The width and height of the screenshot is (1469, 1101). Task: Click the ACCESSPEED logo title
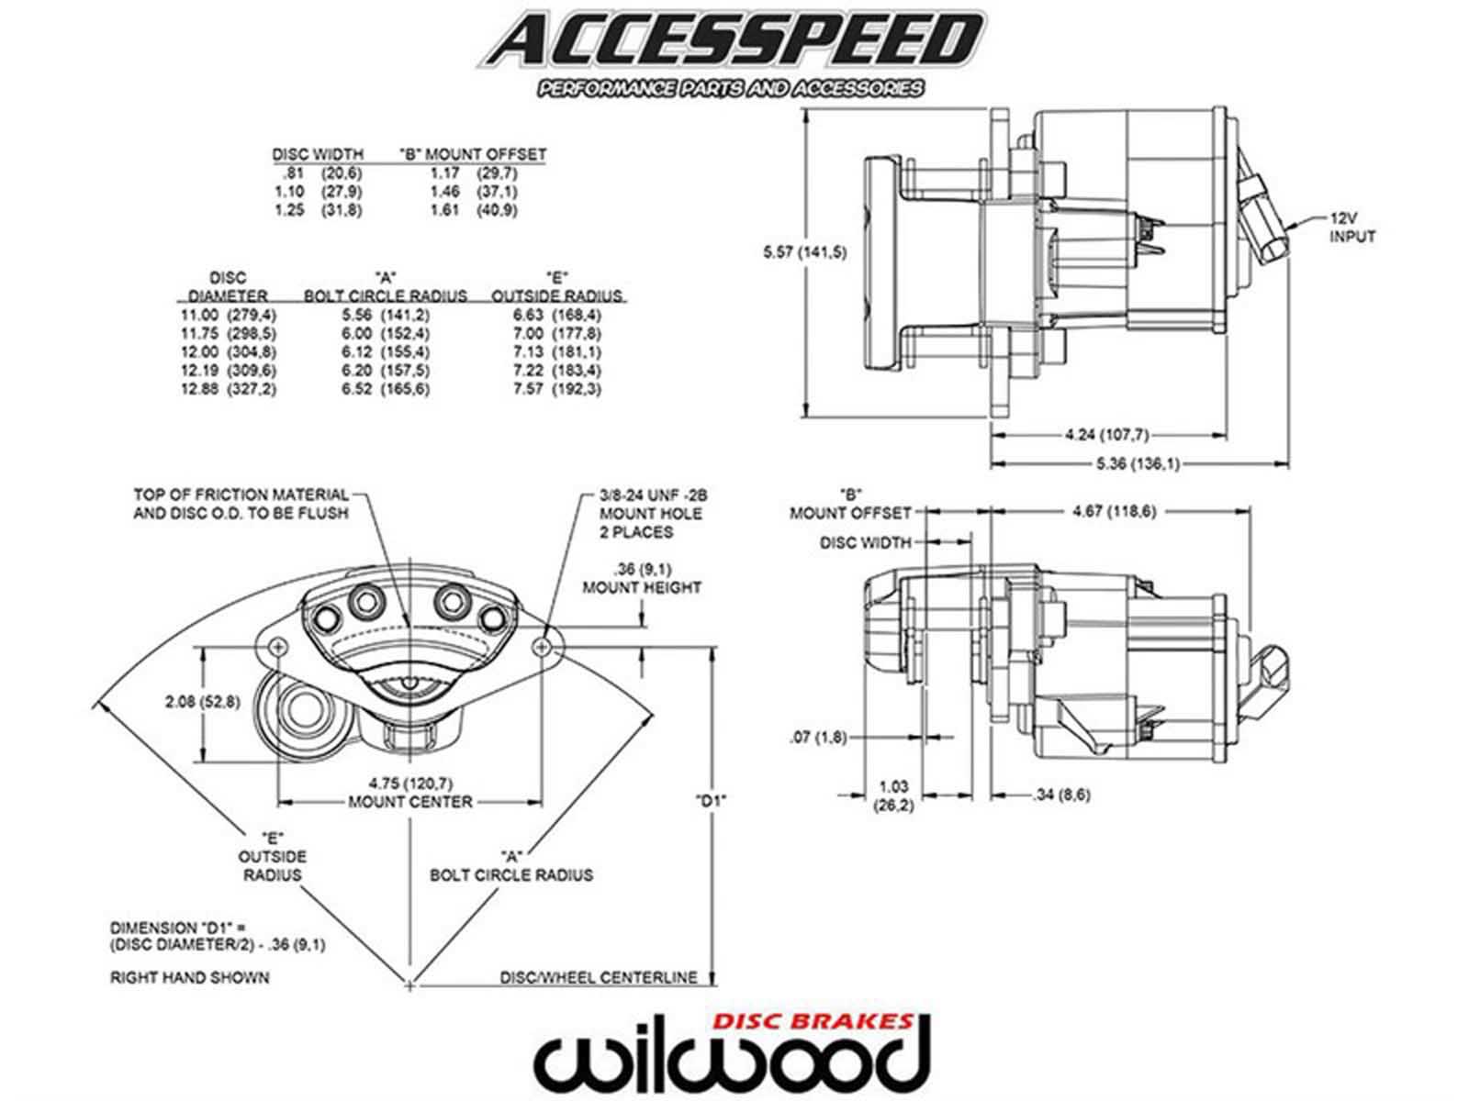coord(730,41)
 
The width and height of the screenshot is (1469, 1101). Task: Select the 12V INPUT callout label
coord(1352,228)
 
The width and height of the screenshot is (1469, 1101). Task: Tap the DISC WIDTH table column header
coord(318,153)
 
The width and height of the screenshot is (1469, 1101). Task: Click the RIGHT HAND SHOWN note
coord(190,977)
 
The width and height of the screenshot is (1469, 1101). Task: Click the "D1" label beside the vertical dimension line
coord(712,799)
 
